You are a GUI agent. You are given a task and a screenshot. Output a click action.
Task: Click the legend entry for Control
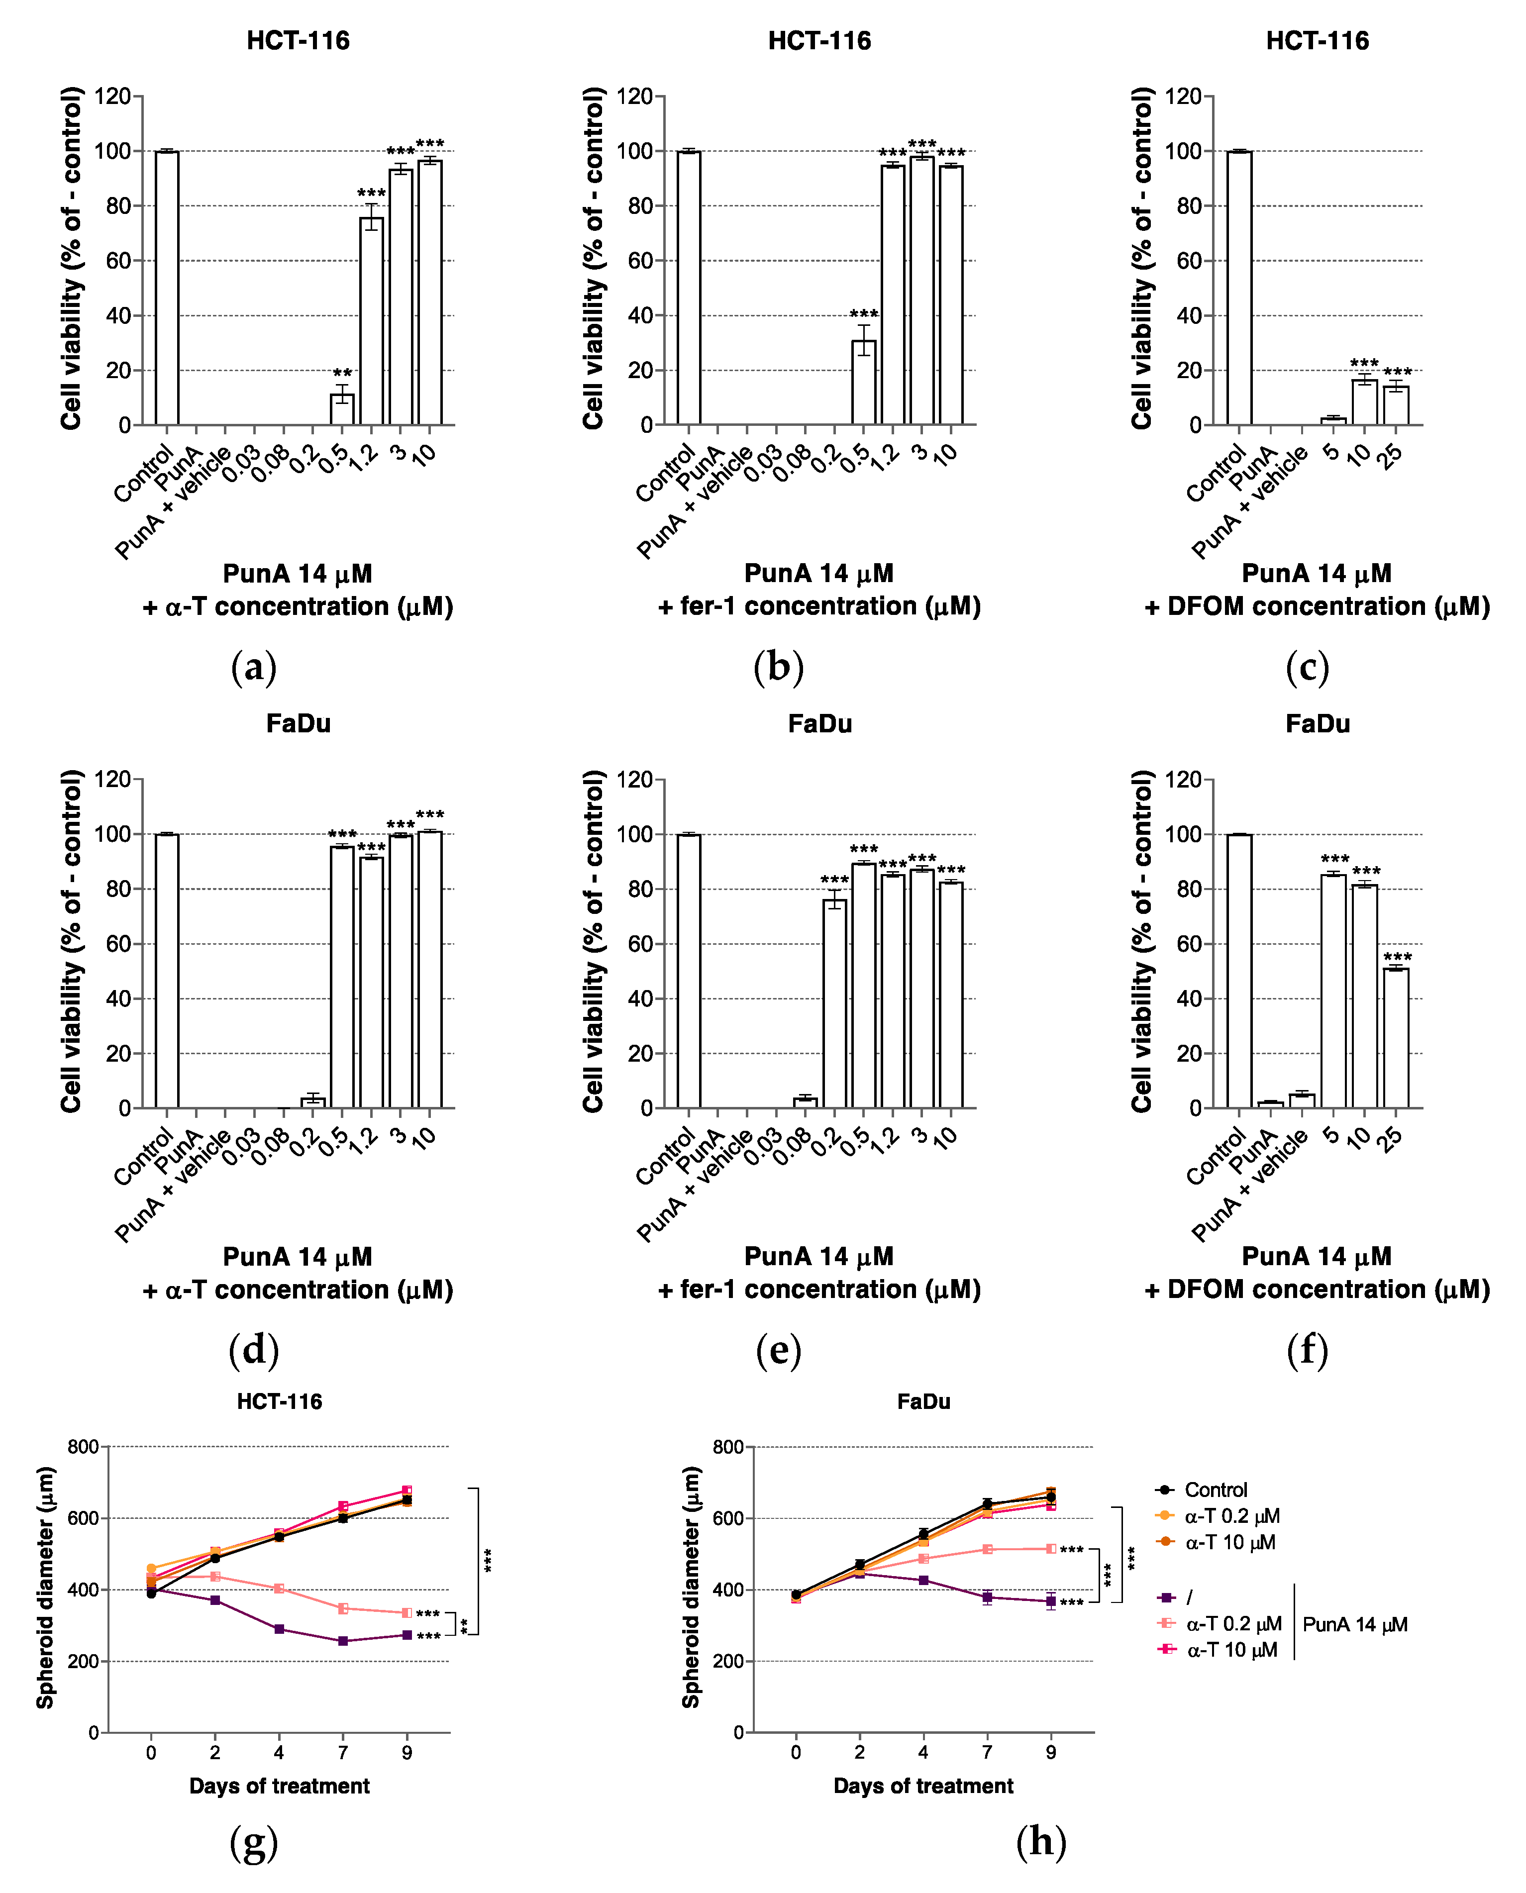[x=1215, y=1490]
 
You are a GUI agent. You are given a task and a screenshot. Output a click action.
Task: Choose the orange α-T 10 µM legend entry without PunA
[x=1229, y=1542]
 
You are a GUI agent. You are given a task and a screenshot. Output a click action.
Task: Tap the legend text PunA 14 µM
[x=1354, y=1624]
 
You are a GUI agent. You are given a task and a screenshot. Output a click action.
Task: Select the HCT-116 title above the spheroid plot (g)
[x=280, y=1401]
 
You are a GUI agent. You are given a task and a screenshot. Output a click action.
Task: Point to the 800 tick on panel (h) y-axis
[x=728, y=1447]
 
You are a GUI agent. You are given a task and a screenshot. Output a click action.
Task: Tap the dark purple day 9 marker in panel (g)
[x=407, y=1635]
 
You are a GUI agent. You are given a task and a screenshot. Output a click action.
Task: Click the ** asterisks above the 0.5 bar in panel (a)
[x=342, y=374]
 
